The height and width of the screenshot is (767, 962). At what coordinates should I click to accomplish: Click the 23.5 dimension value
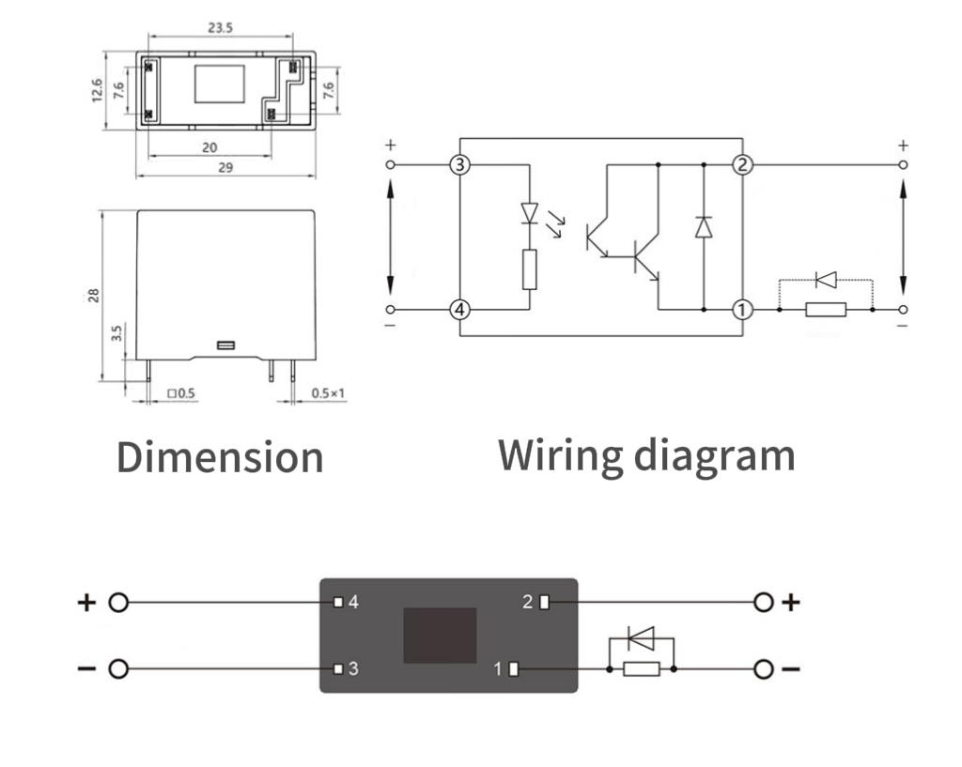[221, 28]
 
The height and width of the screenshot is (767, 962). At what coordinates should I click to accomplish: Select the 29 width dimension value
[225, 167]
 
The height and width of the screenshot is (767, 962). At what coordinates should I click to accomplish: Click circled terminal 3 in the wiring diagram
[459, 165]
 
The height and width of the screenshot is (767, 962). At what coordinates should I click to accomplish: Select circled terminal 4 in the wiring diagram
[459, 309]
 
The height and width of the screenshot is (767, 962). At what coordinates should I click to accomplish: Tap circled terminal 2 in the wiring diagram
[743, 165]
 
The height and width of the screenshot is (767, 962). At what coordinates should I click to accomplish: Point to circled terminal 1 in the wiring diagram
[743, 309]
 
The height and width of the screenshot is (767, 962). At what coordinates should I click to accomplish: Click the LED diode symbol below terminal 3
[529, 213]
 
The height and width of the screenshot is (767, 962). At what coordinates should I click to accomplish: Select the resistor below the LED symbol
[529, 269]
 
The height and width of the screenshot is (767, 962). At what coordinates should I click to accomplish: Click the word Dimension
[220, 457]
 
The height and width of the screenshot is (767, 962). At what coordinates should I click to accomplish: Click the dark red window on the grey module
[440, 635]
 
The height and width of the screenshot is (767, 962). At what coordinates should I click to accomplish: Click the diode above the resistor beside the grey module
[642, 639]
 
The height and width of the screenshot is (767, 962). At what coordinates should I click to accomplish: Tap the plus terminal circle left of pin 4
[117, 603]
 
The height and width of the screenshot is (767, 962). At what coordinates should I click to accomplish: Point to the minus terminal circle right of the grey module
[764, 669]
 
